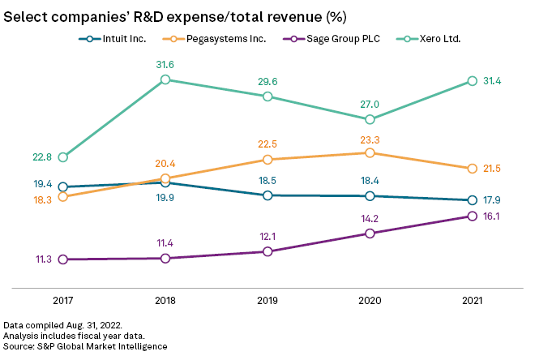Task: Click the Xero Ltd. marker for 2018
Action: [x=165, y=79]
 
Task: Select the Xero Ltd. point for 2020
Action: [x=370, y=119]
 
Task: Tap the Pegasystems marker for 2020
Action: [x=370, y=152]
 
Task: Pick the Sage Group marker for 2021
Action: [x=473, y=216]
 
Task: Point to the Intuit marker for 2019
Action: [x=267, y=195]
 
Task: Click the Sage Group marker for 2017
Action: [x=63, y=259]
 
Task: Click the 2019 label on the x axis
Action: [x=267, y=301]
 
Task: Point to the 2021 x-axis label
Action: [x=473, y=301]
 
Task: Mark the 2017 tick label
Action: [x=63, y=301]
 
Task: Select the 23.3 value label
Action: [x=370, y=138]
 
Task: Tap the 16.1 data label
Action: [x=494, y=216]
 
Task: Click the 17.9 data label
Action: [x=494, y=200]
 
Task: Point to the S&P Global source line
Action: [x=85, y=346]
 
